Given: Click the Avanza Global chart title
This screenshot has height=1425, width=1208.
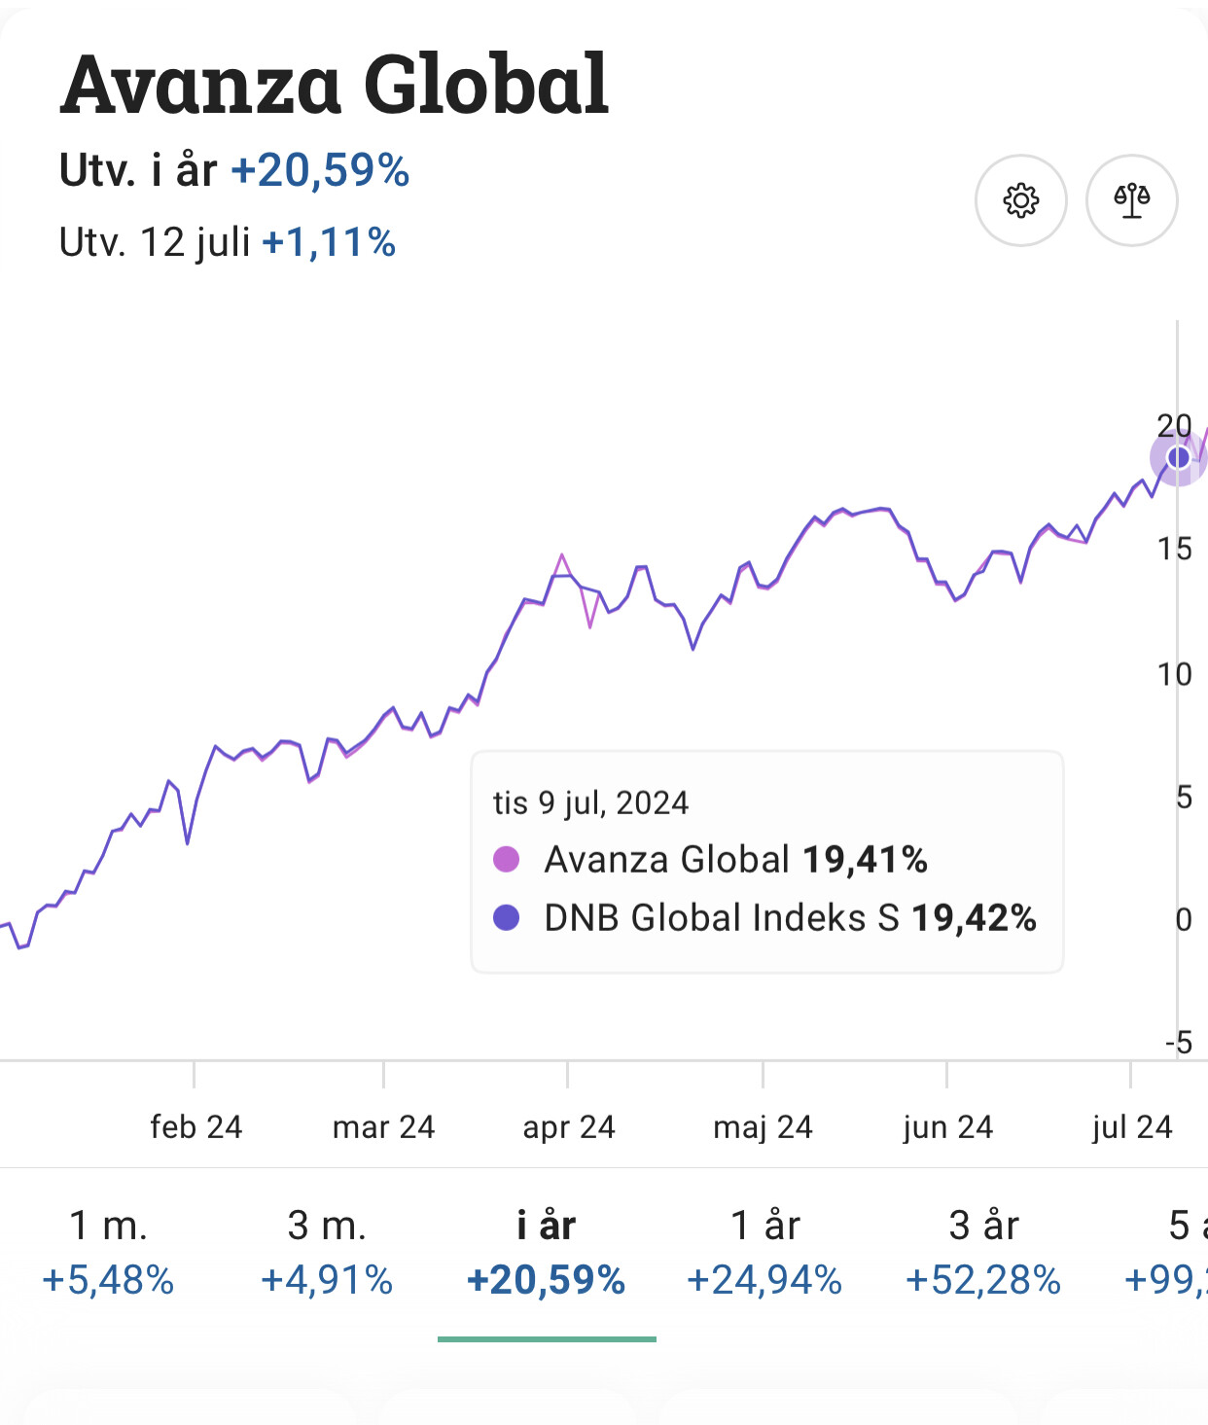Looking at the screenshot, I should point(335,86).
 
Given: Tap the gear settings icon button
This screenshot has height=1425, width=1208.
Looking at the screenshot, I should point(1020,200).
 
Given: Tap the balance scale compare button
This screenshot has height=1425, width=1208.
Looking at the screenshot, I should point(1131,200).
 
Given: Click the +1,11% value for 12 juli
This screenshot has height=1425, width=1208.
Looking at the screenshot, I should point(329,242).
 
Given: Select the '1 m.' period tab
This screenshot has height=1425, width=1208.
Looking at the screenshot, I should point(108,1251).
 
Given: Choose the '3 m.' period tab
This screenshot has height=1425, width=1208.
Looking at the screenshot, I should point(327,1251).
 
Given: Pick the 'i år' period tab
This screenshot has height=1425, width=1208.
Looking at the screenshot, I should point(546,1251).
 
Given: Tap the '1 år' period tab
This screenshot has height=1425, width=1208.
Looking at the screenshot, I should point(764,1251).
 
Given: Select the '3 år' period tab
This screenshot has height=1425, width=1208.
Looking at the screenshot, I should point(983,1251).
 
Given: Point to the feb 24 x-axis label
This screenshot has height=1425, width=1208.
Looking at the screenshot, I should point(195,1127).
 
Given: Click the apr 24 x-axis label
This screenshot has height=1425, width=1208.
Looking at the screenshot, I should point(569,1127).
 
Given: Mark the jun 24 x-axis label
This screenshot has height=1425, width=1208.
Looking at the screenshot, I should point(947,1127).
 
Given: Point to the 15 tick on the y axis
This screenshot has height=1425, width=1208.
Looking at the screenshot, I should point(1174,550).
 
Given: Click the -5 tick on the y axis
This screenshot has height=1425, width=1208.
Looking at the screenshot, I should point(1179,1043).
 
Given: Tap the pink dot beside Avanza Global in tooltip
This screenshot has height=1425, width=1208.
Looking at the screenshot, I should point(507,859).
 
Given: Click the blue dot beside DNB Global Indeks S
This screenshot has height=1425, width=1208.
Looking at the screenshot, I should point(507,917).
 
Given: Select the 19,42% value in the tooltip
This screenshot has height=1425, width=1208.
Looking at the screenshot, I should point(974,917).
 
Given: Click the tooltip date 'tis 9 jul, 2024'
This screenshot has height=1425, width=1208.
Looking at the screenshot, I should point(590,803).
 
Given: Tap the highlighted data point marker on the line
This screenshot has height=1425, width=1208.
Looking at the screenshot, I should point(1178,457).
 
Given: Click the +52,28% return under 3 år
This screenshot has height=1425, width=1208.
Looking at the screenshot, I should point(983,1280).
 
